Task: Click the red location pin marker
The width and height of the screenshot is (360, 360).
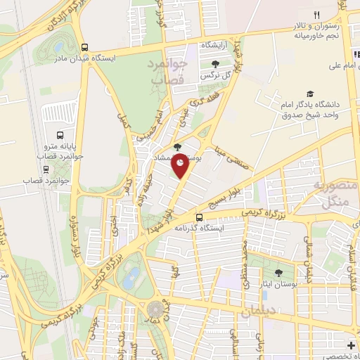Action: point(181,165)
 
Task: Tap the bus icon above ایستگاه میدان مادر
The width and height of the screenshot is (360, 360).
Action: point(85,47)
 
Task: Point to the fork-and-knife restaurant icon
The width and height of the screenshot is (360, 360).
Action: point(316,15)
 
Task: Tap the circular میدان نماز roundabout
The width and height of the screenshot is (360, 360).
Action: point(154,310)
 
